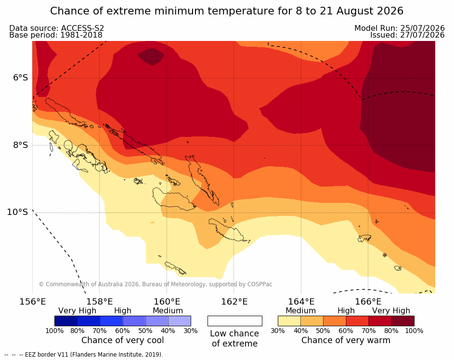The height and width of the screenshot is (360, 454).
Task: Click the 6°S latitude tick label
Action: tap(21, 78)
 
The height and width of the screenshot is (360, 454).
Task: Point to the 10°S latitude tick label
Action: tap(18, 212)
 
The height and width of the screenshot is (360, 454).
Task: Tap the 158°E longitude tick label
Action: tap(100, 302)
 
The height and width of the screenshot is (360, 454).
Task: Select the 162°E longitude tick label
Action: tap(234, 302)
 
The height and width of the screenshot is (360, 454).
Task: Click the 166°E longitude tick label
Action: tap(368, 302)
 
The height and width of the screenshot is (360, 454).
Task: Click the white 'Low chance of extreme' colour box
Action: tap(235, 321)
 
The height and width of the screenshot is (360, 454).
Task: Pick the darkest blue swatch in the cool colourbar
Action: tap(66, 321)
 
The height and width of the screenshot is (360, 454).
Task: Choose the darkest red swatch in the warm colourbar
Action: tap(403, 321)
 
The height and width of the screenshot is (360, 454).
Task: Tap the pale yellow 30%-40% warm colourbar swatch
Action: tap(289, 321)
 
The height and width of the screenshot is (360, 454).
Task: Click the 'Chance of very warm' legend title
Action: tap(346, 340)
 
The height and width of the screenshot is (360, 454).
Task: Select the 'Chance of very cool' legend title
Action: tap(122, 340)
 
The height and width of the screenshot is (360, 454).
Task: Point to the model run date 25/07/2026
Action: tap(422, 28)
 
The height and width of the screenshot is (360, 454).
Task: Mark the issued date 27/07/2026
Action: tap(422, 35)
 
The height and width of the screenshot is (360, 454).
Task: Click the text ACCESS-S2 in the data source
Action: tap(82, 28)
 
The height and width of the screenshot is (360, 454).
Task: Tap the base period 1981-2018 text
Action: tap(81, 35)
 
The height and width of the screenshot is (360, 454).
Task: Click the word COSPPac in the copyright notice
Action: tap(259, 284)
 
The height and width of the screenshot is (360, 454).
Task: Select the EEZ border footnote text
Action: tap(84, 355)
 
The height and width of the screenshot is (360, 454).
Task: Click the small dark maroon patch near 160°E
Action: tap(151, 55)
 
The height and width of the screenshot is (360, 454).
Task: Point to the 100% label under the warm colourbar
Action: tap(414, 331)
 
